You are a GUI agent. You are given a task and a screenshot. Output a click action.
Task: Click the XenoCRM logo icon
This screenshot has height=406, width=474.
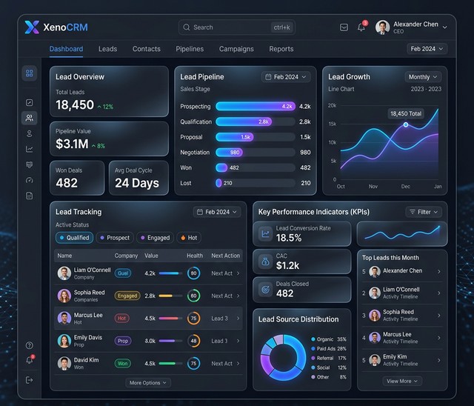(32, 27)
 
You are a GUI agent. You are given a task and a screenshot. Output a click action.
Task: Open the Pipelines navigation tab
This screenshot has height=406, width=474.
(190, 49)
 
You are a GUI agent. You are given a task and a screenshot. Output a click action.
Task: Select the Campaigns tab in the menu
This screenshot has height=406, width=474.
(236, 49)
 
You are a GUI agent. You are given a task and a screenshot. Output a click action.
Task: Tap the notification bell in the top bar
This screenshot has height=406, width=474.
(361, 27)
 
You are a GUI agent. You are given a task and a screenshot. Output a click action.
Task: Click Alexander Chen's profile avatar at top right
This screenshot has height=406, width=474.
(382, 27)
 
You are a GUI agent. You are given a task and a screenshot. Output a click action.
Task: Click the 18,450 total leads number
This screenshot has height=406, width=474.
(75, 105)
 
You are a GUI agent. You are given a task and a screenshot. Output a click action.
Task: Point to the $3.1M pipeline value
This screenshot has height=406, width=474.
(72, 144)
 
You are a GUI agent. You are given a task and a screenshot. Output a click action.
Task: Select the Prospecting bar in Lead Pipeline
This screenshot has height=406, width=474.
(256, 107)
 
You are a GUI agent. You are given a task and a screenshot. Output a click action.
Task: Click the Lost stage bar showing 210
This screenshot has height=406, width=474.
(219, 183)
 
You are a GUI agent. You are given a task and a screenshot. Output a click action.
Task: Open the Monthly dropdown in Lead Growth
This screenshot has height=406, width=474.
(423, 77)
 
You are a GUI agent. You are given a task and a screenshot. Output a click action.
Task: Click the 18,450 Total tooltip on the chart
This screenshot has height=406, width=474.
(404, 113)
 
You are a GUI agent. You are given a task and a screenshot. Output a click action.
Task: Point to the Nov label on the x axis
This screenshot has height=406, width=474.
(373, 187)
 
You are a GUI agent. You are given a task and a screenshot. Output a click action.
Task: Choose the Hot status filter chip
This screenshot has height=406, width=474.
(188, 238)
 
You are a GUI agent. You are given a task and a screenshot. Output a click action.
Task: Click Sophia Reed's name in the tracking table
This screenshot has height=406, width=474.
(89, 292)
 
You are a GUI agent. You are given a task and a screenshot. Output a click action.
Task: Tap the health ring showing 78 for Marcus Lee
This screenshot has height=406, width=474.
(193, 318)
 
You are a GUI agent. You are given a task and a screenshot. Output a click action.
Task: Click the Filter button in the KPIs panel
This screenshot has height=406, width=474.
(425, 212)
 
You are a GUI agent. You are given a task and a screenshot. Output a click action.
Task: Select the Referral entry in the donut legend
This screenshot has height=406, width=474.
(326, 358)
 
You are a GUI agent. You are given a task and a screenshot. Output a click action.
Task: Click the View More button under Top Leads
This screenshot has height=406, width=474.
(402, 381)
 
